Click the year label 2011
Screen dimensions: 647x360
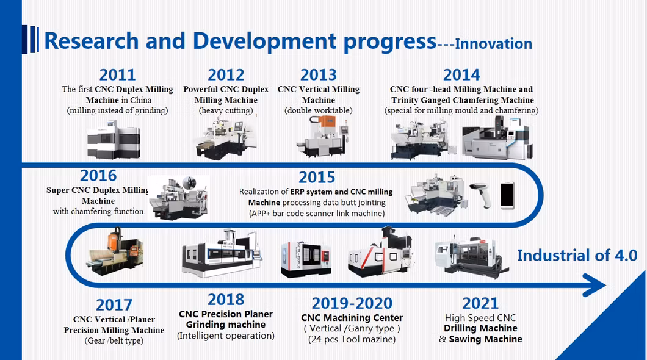pyautogui.click(x=118, y=74)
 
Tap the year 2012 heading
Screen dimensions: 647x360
pyautogui.click(x=226, y=74)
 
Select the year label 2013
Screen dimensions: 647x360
pyautogui.click(x=318, y=74)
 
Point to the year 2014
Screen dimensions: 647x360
pyautogui.click(x=461, y=74)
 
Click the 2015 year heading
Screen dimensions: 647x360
pyautogui.click(x=317, y=178)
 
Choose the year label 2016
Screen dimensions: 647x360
pyautogui.click(x=98, y=176)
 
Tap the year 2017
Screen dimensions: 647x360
pyautogui.click(x=114, y=305)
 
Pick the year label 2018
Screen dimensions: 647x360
pyautogui.click(x=226, y=300)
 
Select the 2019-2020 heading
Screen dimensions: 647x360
pyautogui.click(x=352, y=303)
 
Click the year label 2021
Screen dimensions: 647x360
pyautogui.click(x=480, y=303)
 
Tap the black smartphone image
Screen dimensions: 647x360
pyautogui.click(x=508, y=195)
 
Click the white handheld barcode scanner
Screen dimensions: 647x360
pyautogui.click(x=482, y=195)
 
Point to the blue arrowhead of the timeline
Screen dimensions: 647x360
pyautogui.click(x=593, y=285)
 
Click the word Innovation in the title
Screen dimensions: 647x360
pyautogui.click(x=494, y=44)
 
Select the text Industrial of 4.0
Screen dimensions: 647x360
pyautogui.click(x=577, y=255)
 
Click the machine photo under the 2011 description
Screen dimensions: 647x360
pyautogui.click(x=114, y=140)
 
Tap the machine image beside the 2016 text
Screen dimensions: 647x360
pyautogui.click(x=179, y=198)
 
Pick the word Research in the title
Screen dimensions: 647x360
pyautogui.click(x=91, y=41)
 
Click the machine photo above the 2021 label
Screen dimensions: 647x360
pyautogui.click(x=471, y=257)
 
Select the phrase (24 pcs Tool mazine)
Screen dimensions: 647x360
pyautogui.click(x=352, y=339)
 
